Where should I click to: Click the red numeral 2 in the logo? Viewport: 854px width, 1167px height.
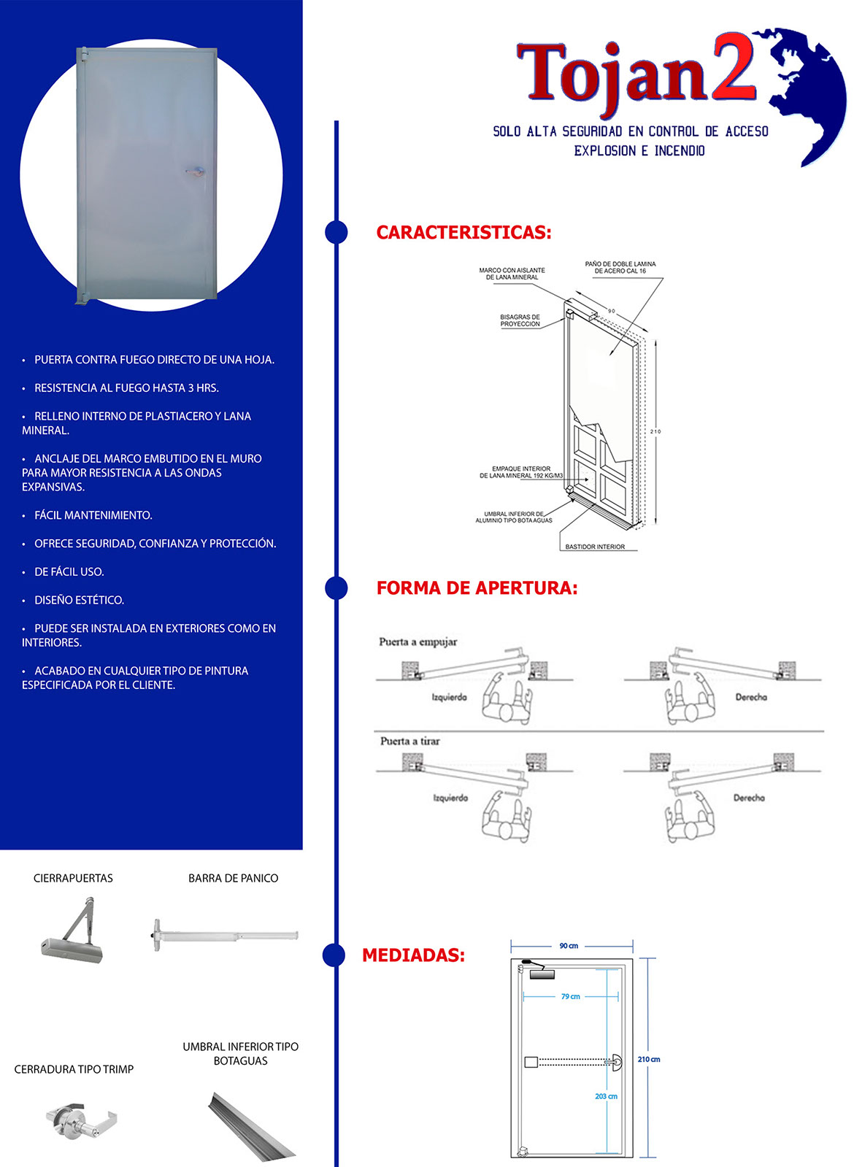point(734,67)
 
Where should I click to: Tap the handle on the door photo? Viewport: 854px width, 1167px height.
point(194,172)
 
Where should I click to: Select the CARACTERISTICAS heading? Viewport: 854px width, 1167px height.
point(463,233)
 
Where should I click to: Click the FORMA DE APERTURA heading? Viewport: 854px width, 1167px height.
point(477,588)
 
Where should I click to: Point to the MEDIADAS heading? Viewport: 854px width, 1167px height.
point(413,955)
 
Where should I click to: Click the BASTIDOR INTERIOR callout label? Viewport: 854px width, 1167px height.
point(595,547)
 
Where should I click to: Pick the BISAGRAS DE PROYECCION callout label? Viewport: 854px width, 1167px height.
point(520,320)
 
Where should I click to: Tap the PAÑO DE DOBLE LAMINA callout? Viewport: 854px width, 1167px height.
point(620,267)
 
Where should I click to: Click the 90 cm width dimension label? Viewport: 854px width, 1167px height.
point(569,946)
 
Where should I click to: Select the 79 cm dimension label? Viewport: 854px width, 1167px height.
point(571,996)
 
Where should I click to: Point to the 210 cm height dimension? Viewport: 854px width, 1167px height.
point(648,1059)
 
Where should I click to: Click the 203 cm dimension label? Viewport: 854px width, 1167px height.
point(606,1096)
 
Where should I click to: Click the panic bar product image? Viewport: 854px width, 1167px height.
point(225,935)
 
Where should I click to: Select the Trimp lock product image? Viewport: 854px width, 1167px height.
point(80,1120)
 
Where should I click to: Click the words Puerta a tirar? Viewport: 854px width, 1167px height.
point(409,741)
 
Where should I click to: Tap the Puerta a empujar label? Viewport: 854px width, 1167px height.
point(418,642)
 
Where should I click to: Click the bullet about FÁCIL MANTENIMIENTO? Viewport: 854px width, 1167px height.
point(93,515)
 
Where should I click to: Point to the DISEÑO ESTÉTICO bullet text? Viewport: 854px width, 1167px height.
point(79,600)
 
